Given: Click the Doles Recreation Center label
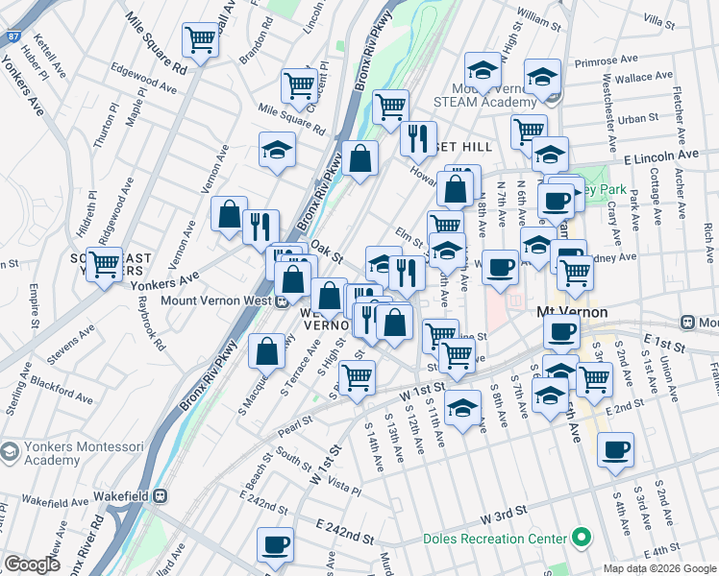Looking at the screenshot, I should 495,538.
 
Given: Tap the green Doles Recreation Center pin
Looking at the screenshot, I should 580,538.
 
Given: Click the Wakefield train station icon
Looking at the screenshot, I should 161,497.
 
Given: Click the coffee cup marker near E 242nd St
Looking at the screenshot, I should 275,544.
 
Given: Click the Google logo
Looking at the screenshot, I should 32,564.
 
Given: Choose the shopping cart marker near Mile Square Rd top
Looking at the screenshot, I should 200,39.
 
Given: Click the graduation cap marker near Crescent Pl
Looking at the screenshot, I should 277,150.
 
